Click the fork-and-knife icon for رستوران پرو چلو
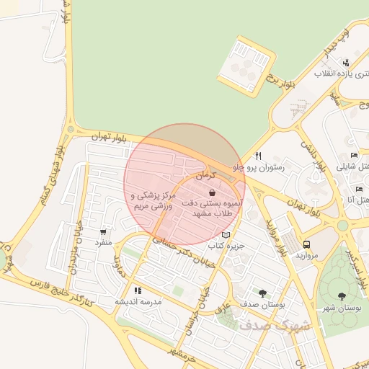point(258,156)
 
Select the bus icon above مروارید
point(307,244)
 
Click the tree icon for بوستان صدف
point(262,293)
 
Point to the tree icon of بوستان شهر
point(342,295)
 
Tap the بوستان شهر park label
point(342,308)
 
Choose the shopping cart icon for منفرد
point(103,232)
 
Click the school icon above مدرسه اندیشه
point(138,290)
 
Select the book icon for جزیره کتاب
point(226,235)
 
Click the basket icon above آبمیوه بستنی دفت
point(211,193)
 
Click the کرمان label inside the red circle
point(205,177)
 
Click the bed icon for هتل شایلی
point(353,156)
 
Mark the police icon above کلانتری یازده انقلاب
point(346,63)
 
